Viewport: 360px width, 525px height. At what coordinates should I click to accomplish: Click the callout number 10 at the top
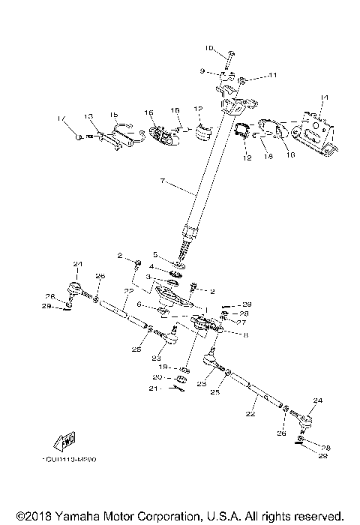tap(210, 49)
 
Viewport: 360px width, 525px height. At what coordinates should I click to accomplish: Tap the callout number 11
tap(252, 75)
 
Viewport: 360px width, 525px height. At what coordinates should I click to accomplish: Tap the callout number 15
tap(115, 115)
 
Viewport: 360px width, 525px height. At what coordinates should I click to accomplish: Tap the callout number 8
tap(245, 335)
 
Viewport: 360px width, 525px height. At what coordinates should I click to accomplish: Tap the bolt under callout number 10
tap(231, 56)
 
